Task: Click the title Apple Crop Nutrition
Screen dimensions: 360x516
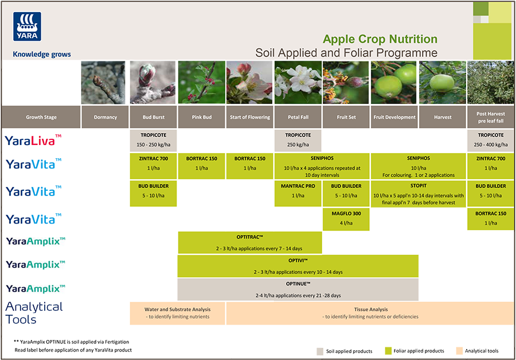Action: click(x=380, y=40)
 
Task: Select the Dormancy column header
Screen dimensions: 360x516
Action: click(x=105, y=118)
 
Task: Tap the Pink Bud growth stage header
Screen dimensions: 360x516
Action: click(x=202, y=118)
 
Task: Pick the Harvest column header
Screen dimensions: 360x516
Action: click(x=442, y=118)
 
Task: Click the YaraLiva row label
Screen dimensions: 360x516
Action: click(x=33, y=140)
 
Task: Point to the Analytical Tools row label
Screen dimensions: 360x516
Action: click(x=34, y=313)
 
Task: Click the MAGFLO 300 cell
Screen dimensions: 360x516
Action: click(x=346, y=218)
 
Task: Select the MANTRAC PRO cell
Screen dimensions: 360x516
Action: click(x=298, y=191)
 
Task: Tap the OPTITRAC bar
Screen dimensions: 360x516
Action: click(x=249, y=242)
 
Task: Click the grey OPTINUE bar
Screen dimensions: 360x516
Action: click(x=298, y=289)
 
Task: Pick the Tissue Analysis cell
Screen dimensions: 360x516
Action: click(x=370, y=312)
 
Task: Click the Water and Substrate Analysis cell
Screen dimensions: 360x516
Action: click(x=178, y=312)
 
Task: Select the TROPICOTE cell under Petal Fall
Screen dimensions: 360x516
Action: click(x=298, y=140)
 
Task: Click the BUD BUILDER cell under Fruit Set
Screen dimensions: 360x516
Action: click(x=346, y=191)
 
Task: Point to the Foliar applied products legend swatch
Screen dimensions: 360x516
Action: click(x=388, y=351)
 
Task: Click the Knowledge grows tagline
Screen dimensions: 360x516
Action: click(x=42, y=54)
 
